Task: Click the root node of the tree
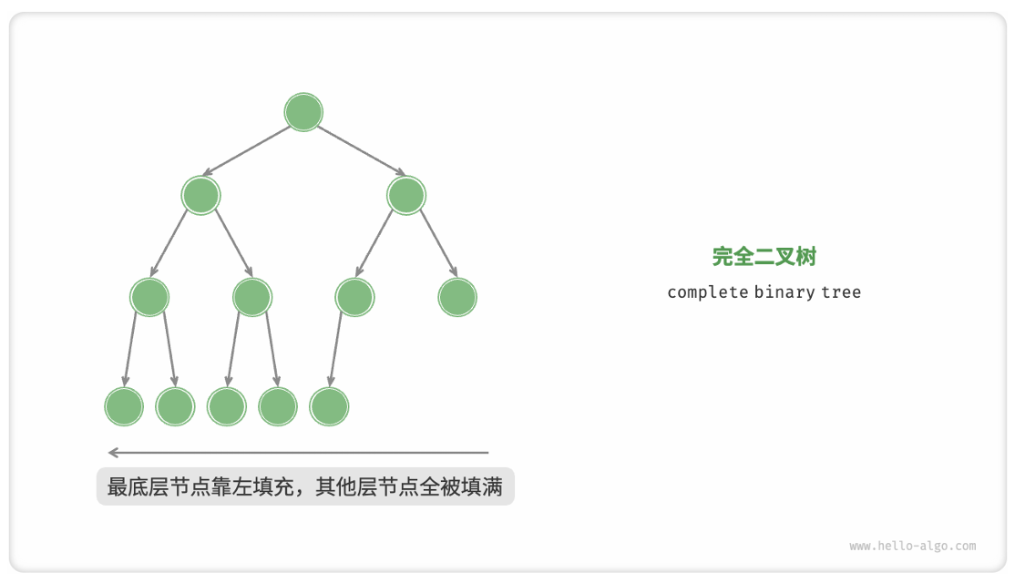[x=303, y=112]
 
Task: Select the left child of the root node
[x=201, y=195]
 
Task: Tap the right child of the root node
[x=406, y=195]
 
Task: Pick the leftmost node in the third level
[x=150, y=297]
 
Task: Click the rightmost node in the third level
[x=457, y=297]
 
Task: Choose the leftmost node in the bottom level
[x=124, y=407]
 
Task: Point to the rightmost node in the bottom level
[x=329, y=407]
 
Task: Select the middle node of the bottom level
[x=227, y=407]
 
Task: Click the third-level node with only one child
[x=354, y=297]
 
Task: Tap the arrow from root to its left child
[x=247, y=150]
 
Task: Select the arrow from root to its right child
[x=361, y=150]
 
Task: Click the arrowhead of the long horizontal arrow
[x=112, y=452]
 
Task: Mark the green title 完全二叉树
[x=764, y=257]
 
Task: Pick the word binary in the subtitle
[x=781, y=292]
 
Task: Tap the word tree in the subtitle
[x=839, y=292]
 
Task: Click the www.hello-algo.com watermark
[x=912, y=547]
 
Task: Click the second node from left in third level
[x=252, y=297]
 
